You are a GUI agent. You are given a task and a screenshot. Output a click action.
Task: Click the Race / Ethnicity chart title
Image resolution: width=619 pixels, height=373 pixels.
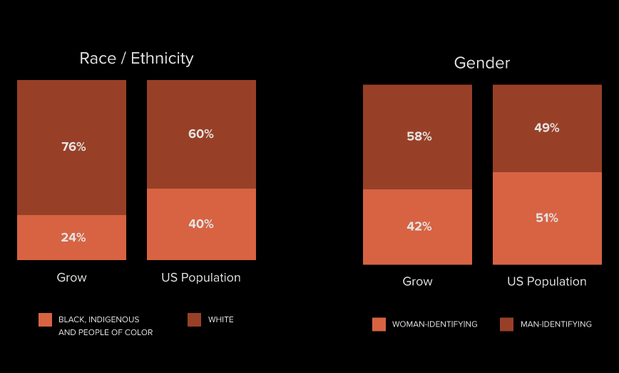point(136,59)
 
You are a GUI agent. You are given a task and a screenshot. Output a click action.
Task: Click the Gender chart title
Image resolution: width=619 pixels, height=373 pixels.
point(482,63)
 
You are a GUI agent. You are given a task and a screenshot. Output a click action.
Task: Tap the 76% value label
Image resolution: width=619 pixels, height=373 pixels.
point(73,147)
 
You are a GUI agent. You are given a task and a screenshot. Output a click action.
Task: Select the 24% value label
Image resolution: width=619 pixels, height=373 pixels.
point(73,237)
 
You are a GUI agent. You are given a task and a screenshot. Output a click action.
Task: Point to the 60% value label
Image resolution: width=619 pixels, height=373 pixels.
point(201,134)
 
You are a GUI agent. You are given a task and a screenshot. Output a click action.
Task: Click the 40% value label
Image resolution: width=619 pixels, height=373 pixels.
point(201,224)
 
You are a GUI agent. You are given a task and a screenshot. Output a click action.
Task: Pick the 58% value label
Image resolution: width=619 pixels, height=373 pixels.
point(419,136)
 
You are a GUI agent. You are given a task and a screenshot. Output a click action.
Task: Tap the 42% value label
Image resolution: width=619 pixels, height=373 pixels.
point(419,227)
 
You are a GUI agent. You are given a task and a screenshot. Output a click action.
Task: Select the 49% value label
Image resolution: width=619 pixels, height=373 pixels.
point(547,128)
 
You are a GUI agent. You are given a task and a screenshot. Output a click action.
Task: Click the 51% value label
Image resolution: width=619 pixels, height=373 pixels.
point(547,218)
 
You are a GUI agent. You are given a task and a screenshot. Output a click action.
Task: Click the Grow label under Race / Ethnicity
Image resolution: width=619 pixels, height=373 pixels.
point(72,277)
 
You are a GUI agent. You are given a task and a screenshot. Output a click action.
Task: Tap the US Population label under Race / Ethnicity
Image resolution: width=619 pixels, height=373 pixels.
point(201,277)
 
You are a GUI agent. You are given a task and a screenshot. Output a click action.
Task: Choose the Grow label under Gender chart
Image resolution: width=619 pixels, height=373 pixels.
point(418,282)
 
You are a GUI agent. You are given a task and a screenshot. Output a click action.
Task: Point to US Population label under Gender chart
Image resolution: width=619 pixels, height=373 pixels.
point(547,282)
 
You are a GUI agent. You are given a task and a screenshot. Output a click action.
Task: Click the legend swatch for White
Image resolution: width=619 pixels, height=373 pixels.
point(194,319)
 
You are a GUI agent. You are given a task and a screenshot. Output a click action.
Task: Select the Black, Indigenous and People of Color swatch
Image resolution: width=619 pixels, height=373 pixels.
point(46,319)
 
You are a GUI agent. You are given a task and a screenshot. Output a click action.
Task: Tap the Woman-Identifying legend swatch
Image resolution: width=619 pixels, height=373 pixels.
point(379,324)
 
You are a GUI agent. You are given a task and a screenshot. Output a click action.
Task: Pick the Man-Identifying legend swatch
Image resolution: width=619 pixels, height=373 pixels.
point(507,324)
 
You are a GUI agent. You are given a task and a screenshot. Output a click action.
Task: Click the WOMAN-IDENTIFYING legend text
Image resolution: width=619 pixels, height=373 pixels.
point(435,324)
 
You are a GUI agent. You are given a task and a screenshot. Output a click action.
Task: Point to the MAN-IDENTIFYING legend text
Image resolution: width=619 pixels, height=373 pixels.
point(556,324)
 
